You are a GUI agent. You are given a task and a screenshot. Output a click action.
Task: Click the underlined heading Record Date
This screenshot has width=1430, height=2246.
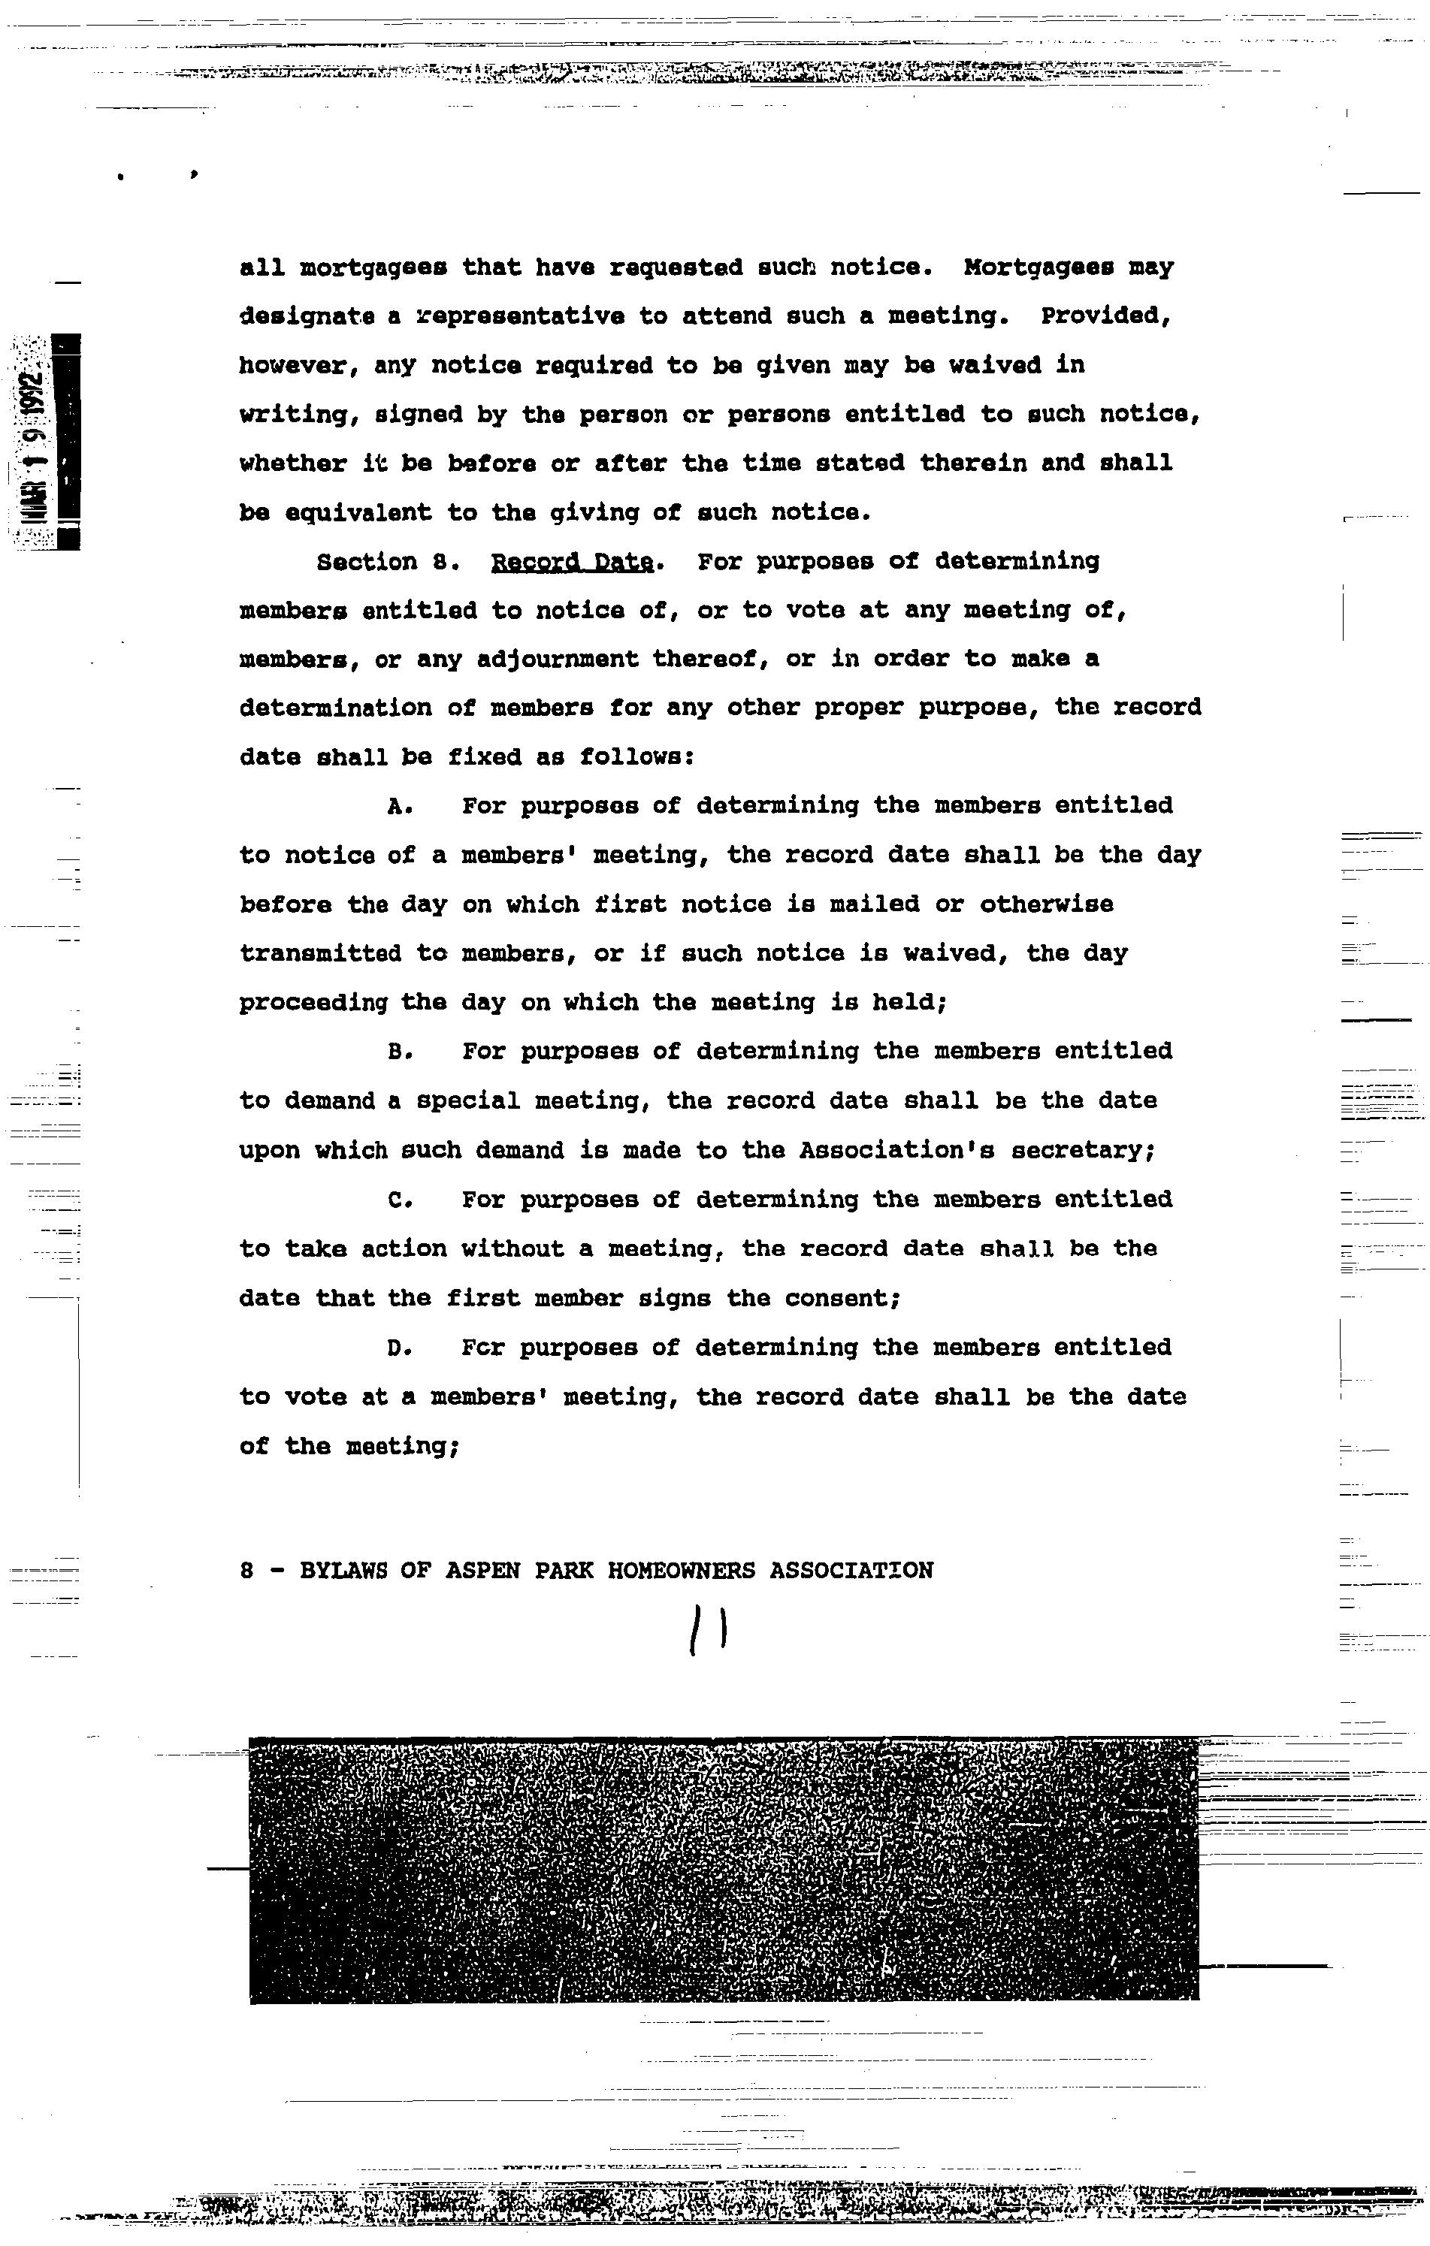[571, 563]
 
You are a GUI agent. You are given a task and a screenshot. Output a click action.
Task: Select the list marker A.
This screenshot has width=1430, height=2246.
[399, 807]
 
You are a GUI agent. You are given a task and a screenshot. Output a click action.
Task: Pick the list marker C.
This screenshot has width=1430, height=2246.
[399, 1200]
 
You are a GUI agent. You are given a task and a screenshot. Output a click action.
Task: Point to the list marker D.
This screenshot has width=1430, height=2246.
[399, 1348]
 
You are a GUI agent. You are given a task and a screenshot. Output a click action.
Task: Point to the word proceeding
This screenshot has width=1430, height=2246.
[313, 1004]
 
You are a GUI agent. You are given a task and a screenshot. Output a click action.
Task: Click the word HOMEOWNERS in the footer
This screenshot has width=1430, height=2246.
[681, 1571]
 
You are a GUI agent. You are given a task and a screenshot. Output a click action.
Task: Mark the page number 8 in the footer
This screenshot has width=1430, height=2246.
[247, 1571]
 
